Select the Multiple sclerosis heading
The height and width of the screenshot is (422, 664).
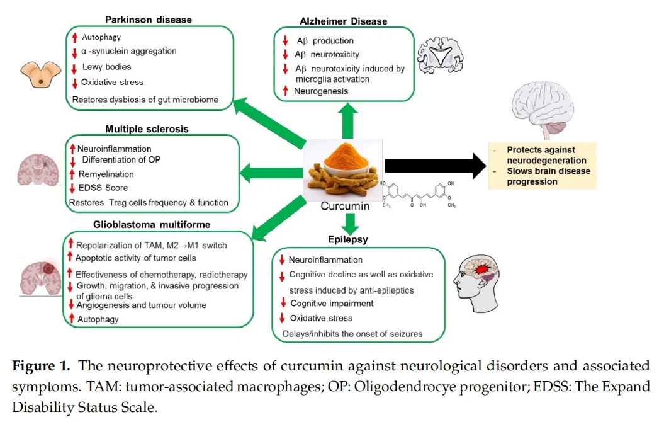(x=147, y=129)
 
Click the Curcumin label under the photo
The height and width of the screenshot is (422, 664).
(x=345, y=206)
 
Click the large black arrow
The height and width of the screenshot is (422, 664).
(x=434, y=165)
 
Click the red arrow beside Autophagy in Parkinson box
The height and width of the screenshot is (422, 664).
(x=74, y=38)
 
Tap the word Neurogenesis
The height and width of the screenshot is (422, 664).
(x=321, y=91)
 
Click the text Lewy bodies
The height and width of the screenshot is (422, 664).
(x=106, y=67)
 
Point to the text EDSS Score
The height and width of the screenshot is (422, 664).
(x=103, y=188)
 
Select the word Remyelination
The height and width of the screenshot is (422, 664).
(x=106, y=174)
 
